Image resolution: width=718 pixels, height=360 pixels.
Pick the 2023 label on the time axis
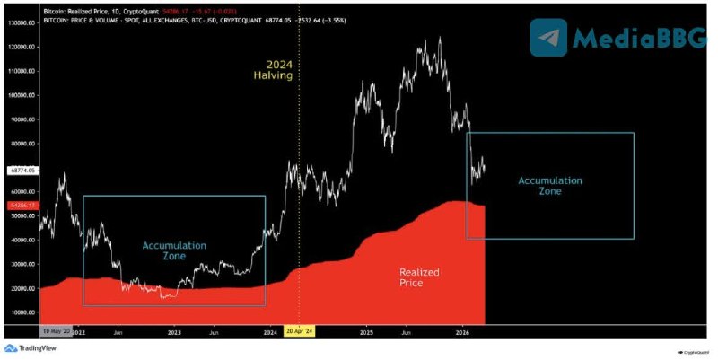tap(175, 331)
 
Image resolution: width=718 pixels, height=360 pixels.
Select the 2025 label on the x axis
tap(366, 331)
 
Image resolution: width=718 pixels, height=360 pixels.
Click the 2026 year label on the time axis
tap(462, 331)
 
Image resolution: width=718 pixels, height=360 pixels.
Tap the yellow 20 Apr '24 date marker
tap(298, 331)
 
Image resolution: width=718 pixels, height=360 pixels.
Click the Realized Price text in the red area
tap(412, 276)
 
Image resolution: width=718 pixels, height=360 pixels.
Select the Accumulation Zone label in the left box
tap(174, 250)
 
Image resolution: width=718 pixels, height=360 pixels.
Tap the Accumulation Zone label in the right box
tap(550, 186)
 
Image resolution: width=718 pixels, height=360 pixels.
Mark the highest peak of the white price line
tap(440, 38)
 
